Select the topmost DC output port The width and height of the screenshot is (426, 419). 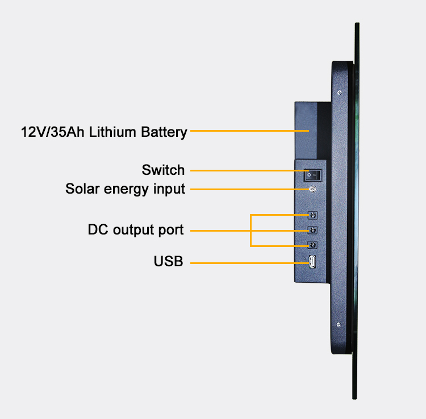coord(312,216)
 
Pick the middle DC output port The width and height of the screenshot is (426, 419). coord(312,231)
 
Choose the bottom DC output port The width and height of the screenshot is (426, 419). coord(312,245)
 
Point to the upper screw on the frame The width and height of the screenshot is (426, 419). coord(339,93)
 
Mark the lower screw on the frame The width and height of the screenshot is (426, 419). coord(339,324)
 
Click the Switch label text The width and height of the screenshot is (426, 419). coord(163,170)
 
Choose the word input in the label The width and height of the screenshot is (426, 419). coord(169,189)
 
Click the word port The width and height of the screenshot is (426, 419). coord(171,231)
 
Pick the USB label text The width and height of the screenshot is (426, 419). coord(168,262)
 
